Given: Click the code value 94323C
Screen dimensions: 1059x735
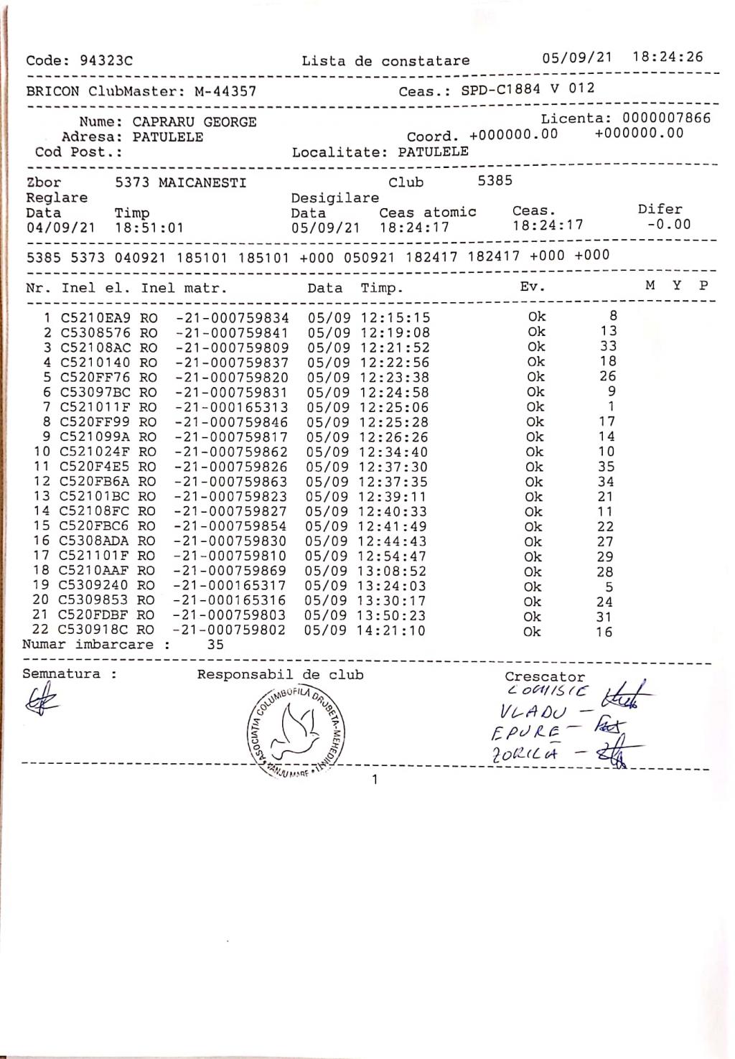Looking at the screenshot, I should coord(106,61).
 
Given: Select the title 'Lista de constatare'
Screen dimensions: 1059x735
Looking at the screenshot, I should coord(385,61).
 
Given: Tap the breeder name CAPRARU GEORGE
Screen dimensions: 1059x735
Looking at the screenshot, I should coord(195,122).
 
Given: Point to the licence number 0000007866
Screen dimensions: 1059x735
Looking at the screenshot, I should coord(666,118).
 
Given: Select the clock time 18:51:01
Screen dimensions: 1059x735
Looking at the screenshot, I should coord(149,228).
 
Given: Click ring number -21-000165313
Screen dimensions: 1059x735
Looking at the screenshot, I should coord(231,407).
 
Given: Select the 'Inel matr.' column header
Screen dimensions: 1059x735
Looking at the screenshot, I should coord(184,289).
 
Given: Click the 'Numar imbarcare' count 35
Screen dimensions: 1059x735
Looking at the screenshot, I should coord(215,645).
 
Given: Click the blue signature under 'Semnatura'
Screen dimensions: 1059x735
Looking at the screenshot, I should coord(42,698).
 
